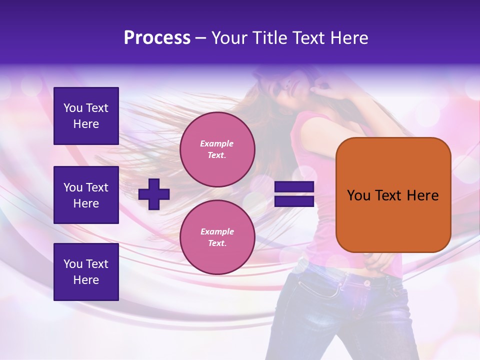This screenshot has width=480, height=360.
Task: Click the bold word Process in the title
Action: [x=157, y=38]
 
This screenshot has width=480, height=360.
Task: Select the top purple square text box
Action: [x=86, y=116]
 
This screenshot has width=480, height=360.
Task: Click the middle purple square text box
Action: [x=86, y=195]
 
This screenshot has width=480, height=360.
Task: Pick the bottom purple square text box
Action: [x=86, y=272]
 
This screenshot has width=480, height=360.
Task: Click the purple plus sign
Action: [x=154, y=194]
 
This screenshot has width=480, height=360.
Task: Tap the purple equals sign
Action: [x=294, y=194]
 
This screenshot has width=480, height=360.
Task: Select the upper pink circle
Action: [x=217, y=149]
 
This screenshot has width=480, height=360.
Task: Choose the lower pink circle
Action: [x=217, y=237]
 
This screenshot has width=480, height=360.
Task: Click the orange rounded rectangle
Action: [x=393, y=195]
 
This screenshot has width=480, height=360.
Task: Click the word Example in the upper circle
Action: [x=217, y=143]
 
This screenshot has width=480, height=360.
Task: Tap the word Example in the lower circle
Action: [x=217, y=231]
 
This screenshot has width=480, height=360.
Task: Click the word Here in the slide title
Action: [x=349, y=38]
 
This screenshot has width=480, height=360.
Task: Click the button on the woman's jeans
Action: [x=367, y=283]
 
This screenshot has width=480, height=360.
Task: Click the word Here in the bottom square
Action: [x=86, y=280]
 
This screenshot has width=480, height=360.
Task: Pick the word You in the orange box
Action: [x=358, y=195]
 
